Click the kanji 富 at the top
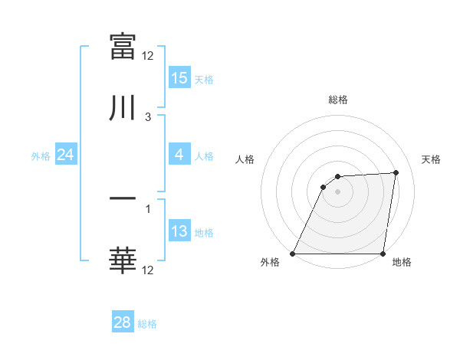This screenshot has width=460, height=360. [x=123, y=47]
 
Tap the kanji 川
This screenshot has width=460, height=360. [x=123, y=107]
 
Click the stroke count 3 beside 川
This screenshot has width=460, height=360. [x=148, y=116]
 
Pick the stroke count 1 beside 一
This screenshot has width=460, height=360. [x=148, y=208]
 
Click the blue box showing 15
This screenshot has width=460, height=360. [x=179, y=78]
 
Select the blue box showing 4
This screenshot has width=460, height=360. [x=179, y=155]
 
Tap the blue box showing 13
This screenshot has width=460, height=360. [x=179, y=231]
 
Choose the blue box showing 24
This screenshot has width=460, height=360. [x=65, y=155]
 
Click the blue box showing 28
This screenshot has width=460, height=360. [x=122, y=322]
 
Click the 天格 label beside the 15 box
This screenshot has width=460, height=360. [x=203, y=79]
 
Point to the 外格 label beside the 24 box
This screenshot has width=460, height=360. [x=41, y=155]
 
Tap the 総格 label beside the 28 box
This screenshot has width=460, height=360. [x=147, y=323]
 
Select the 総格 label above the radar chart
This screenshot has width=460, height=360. [x=338, y=100]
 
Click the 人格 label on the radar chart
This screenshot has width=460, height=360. [x=245, y=159]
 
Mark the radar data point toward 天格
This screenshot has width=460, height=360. [x=396, y=172]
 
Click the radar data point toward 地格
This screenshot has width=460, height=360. [x=383, y=254]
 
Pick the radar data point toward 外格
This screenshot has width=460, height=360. [x=293, y=254]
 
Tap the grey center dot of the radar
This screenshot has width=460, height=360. [x=337, y=191]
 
